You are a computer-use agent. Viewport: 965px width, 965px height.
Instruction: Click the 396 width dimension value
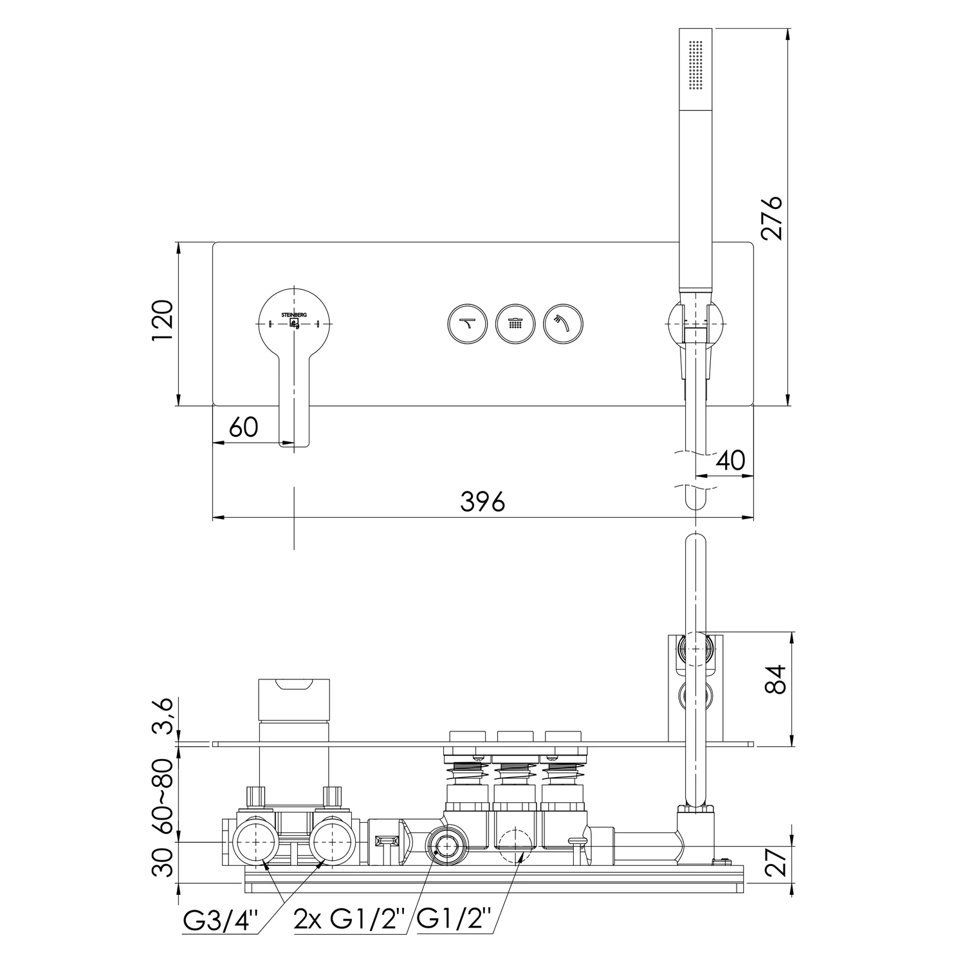click(x=483, y=502)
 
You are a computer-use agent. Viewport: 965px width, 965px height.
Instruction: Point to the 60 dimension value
click(x=243, y=427)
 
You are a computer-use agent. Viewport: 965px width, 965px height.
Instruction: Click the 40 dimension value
click(x=730, y=461)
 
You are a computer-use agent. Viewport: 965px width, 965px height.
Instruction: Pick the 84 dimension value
click(x=777, y=679)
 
